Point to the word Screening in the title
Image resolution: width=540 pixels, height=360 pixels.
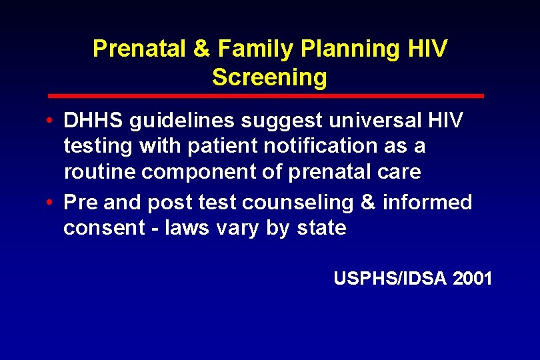(x=269, y=77)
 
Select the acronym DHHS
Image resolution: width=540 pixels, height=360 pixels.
(x=92, y=121)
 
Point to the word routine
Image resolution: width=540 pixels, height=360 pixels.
(x=100, y=172)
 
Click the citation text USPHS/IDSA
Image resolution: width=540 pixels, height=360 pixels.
(x=390, y=278)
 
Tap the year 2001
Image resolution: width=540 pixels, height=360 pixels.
(x=472, y=278)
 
